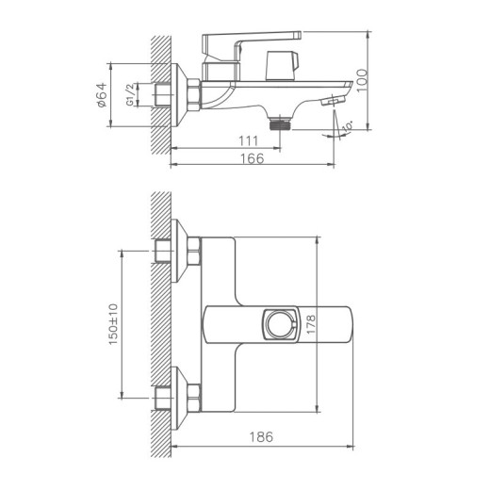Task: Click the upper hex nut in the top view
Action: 195,253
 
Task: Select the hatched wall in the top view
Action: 161,320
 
